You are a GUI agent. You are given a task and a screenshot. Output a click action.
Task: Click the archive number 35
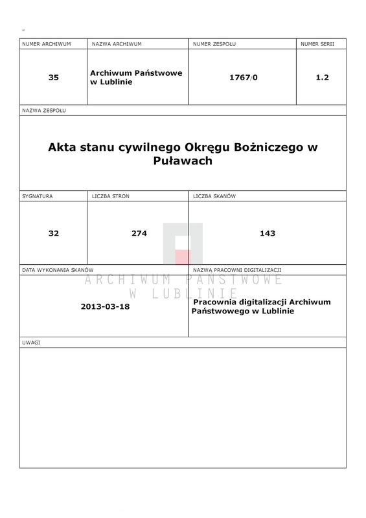click(53, 77)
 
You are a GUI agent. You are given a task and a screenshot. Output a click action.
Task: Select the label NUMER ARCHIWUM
click(45, 44)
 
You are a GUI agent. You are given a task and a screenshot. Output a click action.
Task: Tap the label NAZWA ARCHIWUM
click(117, 44)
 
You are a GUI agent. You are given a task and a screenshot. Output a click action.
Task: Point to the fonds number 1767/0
click(243, 77)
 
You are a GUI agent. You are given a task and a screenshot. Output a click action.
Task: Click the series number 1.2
click(322, 77)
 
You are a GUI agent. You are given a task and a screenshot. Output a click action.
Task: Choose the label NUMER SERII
click(317, 44)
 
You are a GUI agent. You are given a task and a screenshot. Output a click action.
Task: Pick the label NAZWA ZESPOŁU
click(44, 111)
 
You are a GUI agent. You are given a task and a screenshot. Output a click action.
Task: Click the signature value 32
click(53, 233)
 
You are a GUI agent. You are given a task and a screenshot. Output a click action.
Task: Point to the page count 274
click(138, 233)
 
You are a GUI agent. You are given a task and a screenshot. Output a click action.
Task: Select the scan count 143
click(267, 233)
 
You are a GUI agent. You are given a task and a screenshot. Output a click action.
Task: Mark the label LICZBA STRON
click(111, 196)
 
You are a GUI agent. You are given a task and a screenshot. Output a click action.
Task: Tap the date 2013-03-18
click(106, 306)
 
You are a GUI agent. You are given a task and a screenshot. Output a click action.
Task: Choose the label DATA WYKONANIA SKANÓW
click(58, 269)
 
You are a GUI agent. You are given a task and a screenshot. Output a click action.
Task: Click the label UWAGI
click(31, 342)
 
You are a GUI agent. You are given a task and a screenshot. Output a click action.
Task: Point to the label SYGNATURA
click(38, 196)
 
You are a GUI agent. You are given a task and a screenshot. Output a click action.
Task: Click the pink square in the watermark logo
click(182, 257)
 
